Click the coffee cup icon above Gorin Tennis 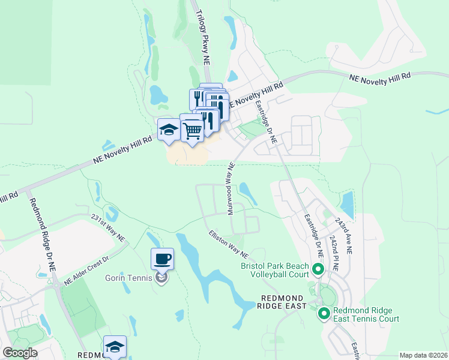pyautogui.click(x=162, y=259)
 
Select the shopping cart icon pyautogui.click(x=192, y=128)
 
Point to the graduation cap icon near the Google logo pyautogui.click(x=115, y=347)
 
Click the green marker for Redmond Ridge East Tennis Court pyautogui.click(x=324, y=313)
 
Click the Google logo pyautogui.click(x=20, y=353)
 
